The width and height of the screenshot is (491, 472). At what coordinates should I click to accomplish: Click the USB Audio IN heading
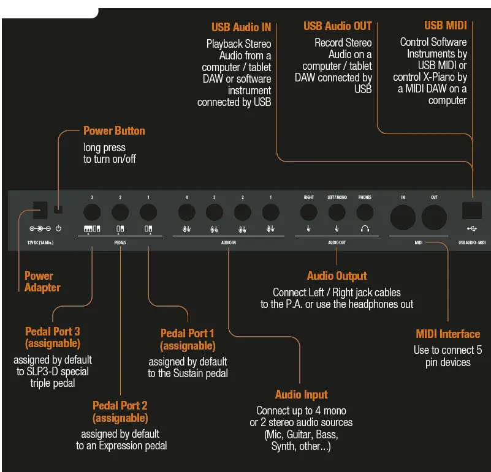241,27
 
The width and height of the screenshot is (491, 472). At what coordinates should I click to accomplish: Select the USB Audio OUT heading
337,26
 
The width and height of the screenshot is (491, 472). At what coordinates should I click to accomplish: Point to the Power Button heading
114,131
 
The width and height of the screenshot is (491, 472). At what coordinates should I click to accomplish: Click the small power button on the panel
59,210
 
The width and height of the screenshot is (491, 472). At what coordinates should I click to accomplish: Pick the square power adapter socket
40,210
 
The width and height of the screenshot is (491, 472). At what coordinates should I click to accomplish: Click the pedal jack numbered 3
92,212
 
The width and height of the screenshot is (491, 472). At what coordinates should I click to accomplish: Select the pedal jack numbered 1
148,212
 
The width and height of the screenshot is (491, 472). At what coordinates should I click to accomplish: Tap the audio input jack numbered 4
186,212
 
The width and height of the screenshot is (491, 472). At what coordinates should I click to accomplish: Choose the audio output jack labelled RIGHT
308,212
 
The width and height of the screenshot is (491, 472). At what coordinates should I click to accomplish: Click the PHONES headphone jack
365,212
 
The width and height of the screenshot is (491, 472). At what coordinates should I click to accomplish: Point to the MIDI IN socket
403,217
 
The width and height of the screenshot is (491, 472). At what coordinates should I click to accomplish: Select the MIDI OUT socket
434,217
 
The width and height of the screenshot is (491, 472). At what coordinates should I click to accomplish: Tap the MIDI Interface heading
447,334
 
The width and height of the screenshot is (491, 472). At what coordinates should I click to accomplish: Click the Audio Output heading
337,276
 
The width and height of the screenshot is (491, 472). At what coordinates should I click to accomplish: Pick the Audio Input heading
301,395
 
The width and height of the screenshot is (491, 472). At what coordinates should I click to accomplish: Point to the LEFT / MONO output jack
337,212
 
